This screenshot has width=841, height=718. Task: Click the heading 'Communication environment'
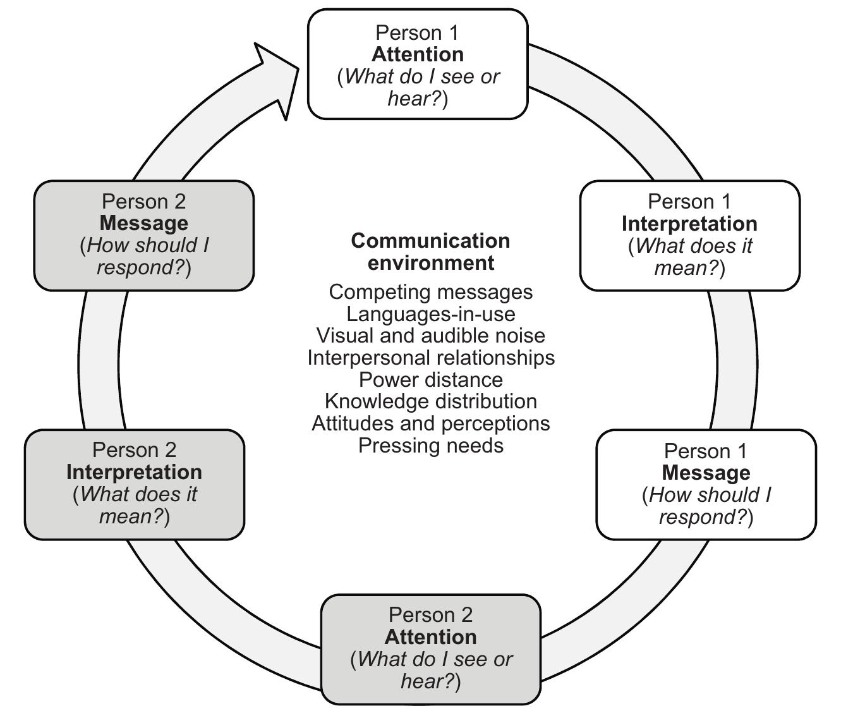coord(430,251)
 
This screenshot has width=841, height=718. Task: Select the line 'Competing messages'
coord(430,292)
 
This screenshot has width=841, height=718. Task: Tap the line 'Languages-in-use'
coord(430,314)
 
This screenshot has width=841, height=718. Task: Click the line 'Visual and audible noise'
coord(430,336)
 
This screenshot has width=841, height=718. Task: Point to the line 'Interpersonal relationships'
coord(430,358)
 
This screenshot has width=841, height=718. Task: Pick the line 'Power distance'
coord(430,380)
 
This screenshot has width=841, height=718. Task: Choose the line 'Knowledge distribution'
coord(430,401)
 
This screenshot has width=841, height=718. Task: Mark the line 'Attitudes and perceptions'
coord(430,423)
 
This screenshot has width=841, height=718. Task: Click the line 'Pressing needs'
coord(430,446)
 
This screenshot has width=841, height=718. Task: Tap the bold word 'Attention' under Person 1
coord(417,54)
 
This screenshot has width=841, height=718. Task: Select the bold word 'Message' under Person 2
coord(143,223)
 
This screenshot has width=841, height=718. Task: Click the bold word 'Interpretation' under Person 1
coord(689,224)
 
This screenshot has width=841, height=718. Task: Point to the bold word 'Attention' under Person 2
coord(431,636)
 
